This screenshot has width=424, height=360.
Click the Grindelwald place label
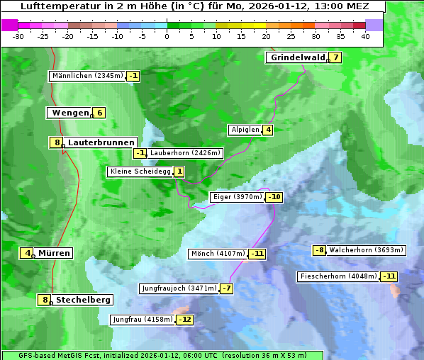(x=297, y=57)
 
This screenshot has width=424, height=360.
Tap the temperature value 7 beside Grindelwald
(x=335, y=57)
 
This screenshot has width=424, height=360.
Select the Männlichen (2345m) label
(x=88, y=76)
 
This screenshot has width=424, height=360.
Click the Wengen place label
(x=69, y=113)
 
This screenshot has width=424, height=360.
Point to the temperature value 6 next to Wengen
(x=100, y=113)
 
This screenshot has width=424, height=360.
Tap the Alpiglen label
(x=245, y=130)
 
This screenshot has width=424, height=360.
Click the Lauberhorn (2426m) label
(x=186, y=153)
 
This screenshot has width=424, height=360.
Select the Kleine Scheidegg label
(x=140, y=171)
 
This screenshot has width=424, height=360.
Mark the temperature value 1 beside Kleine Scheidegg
(x=179, y=171)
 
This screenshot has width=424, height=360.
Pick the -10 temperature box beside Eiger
(x=274, y=197)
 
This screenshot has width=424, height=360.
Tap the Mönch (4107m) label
(x=218, y=254)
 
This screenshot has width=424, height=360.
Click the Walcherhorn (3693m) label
(x=367, y=250)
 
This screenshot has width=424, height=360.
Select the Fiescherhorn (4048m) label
(x=338, y=276)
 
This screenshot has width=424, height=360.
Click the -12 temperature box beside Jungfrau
(x=184, y=320)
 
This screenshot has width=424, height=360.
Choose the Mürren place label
(x=54, y=253)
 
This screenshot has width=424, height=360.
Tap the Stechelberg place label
(x=83, y=300)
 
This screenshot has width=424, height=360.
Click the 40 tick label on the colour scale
(x=365, y=36)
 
